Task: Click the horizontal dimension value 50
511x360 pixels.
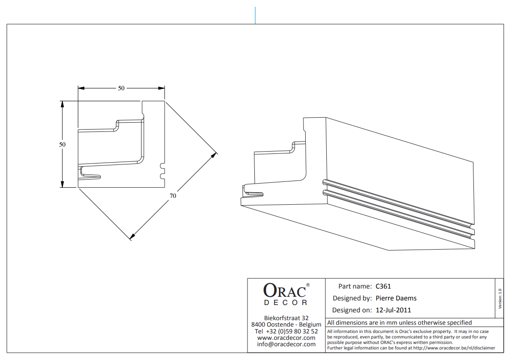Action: (x=121, y=88)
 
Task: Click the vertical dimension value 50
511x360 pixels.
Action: (x=62, y=144)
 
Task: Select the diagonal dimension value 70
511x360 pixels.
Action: (x=173, y=196)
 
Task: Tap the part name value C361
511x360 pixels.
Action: (x=383, y=286)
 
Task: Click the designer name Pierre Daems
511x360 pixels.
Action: (x=396, y=298)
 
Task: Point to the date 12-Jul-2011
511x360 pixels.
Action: (x=393, y=310)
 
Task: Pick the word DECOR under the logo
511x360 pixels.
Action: (x=286, y=303)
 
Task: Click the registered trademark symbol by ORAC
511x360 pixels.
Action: (x=308, y=285)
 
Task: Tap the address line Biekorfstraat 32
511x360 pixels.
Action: (x=286, y=318)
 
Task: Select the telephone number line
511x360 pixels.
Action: (x=286, y=331)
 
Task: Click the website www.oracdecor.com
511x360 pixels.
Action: (x=286, y=338)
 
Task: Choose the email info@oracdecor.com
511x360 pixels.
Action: (x=286, y=344)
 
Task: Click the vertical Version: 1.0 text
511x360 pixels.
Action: (x=500, y=299)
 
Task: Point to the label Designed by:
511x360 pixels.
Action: (x=352, y=298)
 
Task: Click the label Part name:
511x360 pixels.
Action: (x=355, y=286)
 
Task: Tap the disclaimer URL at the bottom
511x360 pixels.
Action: (x=454, y=348)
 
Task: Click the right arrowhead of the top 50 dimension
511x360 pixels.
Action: (x=162, y=88)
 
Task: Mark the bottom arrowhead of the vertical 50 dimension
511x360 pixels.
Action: (x=62, y=185)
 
